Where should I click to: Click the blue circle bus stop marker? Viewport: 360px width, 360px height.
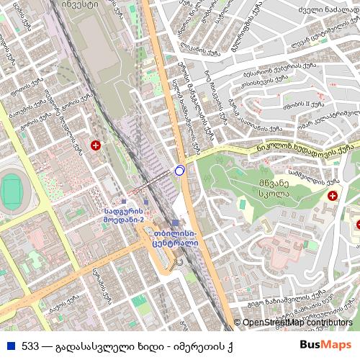coord(179,171)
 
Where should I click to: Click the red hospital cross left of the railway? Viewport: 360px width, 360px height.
coord(95,146)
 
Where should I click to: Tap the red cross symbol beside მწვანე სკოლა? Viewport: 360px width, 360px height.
coord(333,196)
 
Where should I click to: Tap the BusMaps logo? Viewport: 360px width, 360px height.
coord(325,345)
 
